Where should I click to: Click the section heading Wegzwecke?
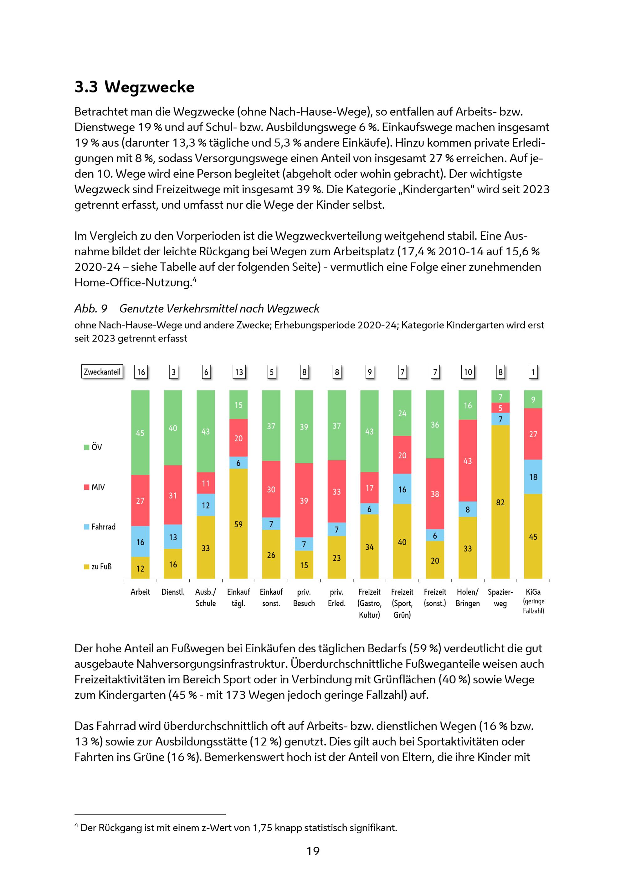pos(149,87)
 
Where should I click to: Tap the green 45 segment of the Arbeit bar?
pos(140,433)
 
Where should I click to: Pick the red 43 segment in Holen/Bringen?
pos(467,461)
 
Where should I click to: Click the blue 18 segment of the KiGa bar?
pos(533,477)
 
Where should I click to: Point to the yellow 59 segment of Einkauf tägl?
pos(238,524)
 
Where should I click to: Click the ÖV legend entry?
pos(93,447)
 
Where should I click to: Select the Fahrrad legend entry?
pos(100,527)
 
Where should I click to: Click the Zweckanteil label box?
pos(102,372)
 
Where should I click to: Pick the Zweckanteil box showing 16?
pos(141,372)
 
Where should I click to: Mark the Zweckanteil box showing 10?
pos(468,372)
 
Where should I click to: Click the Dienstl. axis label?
pos(173,592)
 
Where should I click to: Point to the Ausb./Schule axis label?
pos(205,597)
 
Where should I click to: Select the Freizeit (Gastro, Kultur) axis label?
pos(369,603)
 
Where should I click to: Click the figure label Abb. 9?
pos(90,309)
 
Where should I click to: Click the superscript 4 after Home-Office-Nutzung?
pos(195,280)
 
